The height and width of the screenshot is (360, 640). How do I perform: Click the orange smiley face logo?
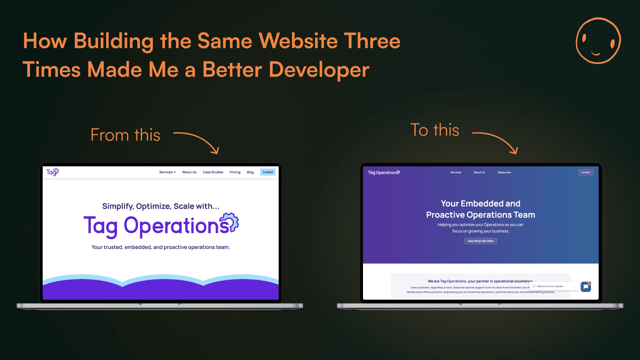(x=598, y=41)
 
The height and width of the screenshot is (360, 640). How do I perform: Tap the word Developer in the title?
(x=319, y=70)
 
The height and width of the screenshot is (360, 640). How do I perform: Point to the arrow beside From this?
(x=197, y=142)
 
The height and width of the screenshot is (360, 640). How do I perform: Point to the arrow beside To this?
(x=496, y=142)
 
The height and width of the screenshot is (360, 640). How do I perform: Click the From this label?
(x=125, y=135)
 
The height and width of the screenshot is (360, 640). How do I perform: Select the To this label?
(x=435, y=130)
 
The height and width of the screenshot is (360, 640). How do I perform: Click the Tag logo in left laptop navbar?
(x=52, y=172)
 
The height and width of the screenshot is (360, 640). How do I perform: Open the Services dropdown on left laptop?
(x=167, y=172)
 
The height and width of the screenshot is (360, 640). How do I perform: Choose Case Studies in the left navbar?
(x=213, y=172)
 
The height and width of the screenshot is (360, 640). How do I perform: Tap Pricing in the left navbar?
(x=235, y=172)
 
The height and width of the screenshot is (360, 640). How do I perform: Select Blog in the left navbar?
(x=250, y=172)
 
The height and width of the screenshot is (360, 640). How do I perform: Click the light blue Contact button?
(x=268, y=172)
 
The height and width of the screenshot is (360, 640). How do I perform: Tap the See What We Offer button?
(x=481, y=241)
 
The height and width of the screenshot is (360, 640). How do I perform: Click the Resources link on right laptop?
(x=504, y=172)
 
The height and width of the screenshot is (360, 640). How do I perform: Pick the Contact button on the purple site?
(x=586, y=172)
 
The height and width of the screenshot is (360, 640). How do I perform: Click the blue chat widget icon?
(x=586, y=287)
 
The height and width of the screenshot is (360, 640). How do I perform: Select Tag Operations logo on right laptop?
(x=384, y=172)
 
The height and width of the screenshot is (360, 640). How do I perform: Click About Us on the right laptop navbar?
(x=479, y=172)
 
